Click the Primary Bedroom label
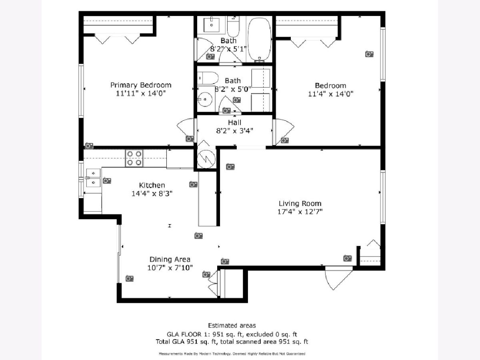point(141,85)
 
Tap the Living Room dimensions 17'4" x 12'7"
point(300,212)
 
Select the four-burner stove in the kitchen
point(134,158)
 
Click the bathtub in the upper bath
point(260,39)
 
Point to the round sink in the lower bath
point(205,99)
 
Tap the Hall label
point(234,122)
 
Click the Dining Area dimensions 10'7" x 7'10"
point(170,268)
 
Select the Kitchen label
point(152,185)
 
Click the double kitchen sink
point(93,178)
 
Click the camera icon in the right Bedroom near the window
point(369,54)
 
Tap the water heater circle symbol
point(206,159)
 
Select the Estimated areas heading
point(232,326)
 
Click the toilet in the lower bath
point(208,78)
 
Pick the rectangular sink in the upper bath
point(212,25)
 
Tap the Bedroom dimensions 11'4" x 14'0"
point(331,94)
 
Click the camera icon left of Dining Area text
point(130,278)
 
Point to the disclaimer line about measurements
point(232,354)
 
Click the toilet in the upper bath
point(233,27)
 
